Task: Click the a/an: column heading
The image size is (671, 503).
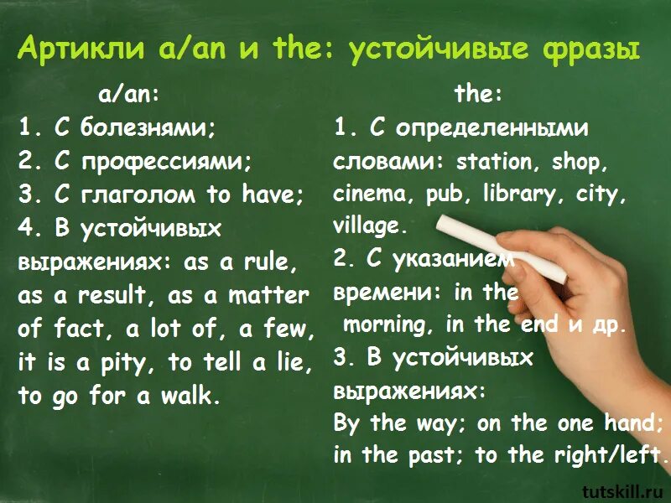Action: (x=128, y=95)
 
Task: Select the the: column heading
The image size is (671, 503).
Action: (x=478, y=95)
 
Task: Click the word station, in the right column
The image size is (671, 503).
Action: (x=495, y=161)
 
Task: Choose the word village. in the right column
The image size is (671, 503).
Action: (x=370, y=226)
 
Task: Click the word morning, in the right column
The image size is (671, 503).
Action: (x=390, y=324)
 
